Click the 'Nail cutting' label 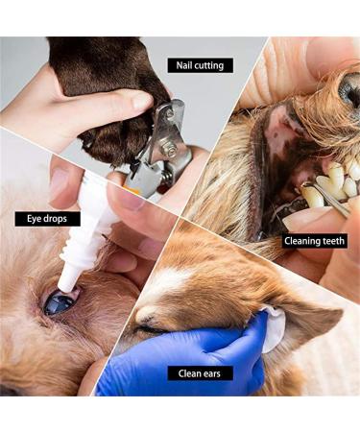point(200,66)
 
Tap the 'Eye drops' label point(47,219)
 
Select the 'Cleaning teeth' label point(314,241)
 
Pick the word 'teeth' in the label point(332,241)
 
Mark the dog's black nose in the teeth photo point(348,91)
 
